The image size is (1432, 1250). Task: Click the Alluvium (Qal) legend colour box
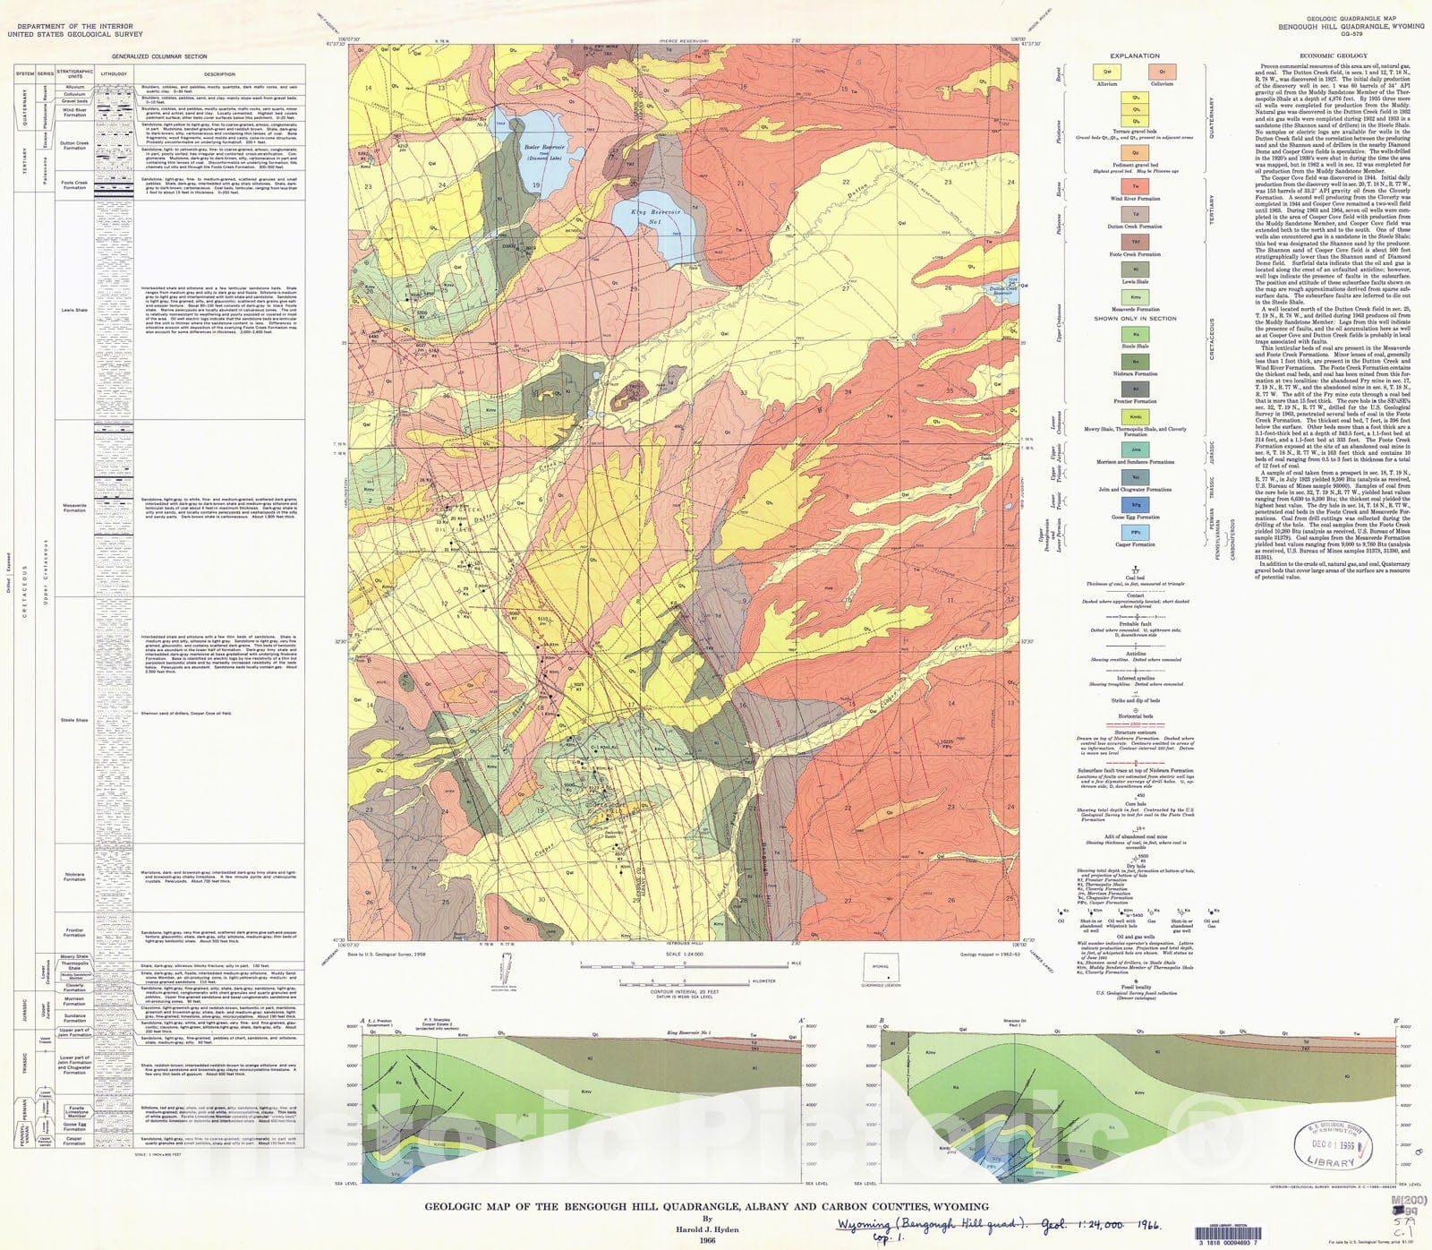[1107, 72]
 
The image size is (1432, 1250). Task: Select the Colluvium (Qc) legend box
[1162, 72]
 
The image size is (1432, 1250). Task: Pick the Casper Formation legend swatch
[1135, 533]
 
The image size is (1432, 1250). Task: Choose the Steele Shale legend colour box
[1135, 334]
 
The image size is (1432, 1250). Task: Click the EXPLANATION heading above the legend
[1135, 56]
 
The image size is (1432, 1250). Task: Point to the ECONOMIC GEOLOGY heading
[1333, 56]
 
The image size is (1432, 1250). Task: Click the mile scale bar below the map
[684, 963]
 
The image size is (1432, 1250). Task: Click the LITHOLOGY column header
[114, 73]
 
